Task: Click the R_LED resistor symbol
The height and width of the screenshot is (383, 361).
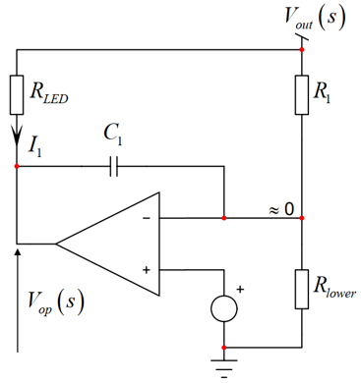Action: pos(17,95)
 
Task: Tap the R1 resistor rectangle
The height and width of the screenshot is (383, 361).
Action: pos(302,95)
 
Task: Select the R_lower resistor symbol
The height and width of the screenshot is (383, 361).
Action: pos(302,289)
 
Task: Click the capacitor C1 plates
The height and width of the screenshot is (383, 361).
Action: pos(113,166)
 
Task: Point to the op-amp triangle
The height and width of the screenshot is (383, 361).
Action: pos(108,244)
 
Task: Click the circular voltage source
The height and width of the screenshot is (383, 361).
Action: pos(224,308)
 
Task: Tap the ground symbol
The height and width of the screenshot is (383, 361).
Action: pos(224,368)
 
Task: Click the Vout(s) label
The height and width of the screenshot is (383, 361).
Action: pos(315,18)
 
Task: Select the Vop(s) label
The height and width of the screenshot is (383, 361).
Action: pos(56,301)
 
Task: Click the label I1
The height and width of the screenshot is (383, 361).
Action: pos(34,146)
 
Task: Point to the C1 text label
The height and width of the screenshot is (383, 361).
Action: pos(113,135)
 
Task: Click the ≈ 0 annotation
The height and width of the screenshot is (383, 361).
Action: pos(281,209)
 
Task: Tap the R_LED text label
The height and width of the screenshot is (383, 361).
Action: pos(49,93)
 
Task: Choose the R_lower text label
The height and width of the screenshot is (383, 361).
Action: pos(334,288)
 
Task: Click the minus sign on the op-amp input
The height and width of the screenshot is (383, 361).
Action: pos(147,218)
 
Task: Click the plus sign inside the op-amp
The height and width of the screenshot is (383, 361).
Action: pos(147,270)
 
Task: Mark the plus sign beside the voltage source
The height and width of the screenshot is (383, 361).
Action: pos(240,290)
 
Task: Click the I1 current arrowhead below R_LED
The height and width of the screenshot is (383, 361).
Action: pos(17,135)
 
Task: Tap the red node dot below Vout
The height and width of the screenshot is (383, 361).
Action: pos(302,49)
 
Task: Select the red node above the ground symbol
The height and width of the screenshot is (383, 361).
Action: pos(224,348)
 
